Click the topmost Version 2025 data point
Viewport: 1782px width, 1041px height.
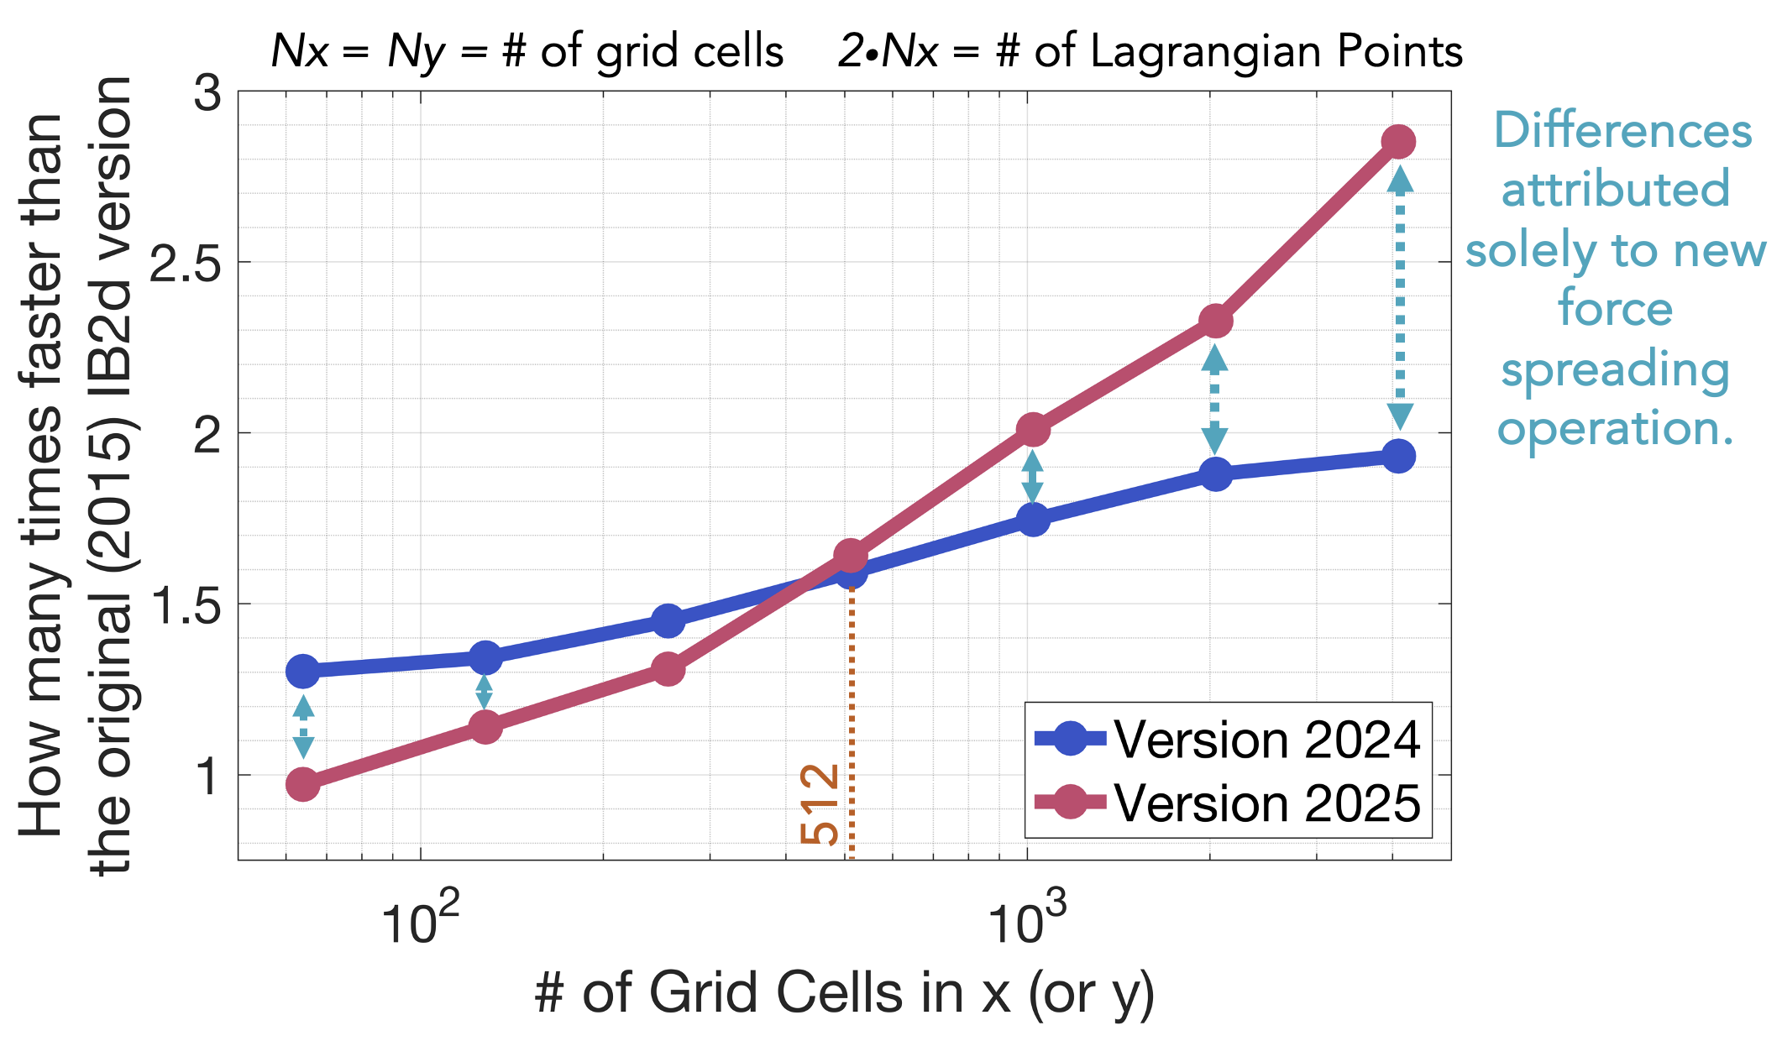pyautogui.click(x=1398, y=142)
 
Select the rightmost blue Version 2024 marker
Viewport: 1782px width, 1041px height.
pyautogui.click(x=1398, y=457)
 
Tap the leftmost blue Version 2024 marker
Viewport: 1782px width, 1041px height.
pyautogui.click(x=303, y=671)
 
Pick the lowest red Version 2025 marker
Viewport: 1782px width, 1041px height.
pyautogui.click(x=303, y=786)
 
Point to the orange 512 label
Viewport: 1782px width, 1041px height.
pyautogui.click(x=820, y=804)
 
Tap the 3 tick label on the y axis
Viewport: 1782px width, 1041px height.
pyautogui.click(x=207, y=93)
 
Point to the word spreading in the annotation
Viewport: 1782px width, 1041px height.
pyautogui.click(x=1614, y=370)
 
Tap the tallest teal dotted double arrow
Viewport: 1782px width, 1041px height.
pyautogui.click(x=1400, y=298)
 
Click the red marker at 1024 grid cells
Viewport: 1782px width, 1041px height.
pyautogui.click(x=1033, y=430)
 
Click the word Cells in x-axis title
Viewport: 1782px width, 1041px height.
pyautogui.click(x=844, y=993)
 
